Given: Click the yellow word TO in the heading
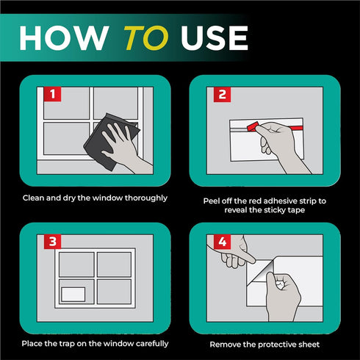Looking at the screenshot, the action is pos(146,37).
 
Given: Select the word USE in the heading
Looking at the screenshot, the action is pos(215,38).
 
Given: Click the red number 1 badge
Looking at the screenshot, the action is pos(52,94).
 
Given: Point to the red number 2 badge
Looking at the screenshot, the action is pos(222,94).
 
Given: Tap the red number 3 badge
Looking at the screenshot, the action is pos(52,242).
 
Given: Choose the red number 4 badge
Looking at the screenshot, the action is pos(222,242).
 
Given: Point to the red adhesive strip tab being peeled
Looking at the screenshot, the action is pos(253,126).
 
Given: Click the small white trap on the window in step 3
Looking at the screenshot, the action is pos(73,295).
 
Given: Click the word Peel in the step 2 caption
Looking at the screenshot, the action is pos(212,201).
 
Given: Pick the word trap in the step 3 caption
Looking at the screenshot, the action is pos(67,344).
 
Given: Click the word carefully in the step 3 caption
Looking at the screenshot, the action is pos(152,344).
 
